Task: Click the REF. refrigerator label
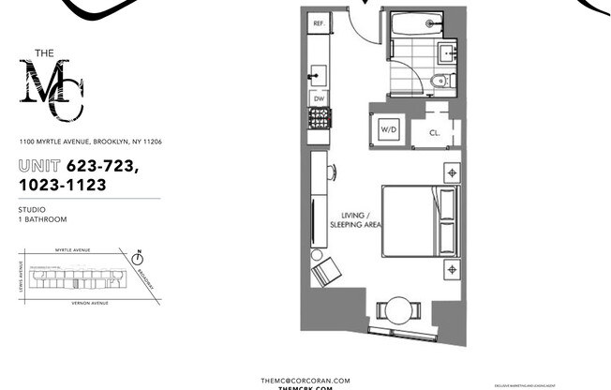click(x=319, y=22)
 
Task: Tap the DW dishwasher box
click(x=319, y=97)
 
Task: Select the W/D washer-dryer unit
click(x=387, y=129)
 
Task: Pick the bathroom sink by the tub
click(x=447, y=51)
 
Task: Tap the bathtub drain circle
click(x=430, y=23)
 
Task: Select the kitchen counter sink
click(x=318, y=73)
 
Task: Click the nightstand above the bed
click(x=451, y=172)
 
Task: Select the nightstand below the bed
click(x=451, y=269)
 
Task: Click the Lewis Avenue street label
click(x=21, y=278)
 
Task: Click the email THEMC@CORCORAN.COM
click(x=305, y=380)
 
